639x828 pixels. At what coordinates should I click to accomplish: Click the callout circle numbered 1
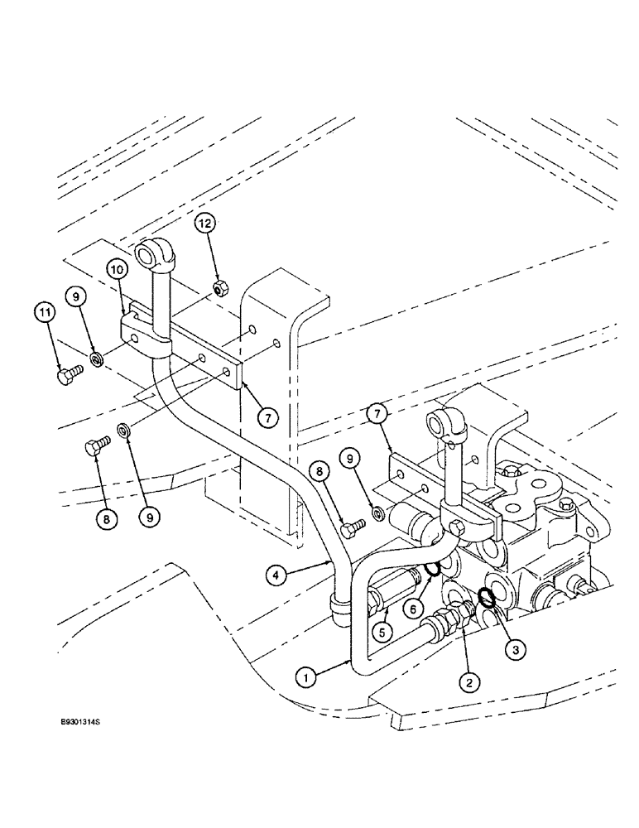coord(306,676)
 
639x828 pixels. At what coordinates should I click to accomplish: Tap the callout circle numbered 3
coord(514,651)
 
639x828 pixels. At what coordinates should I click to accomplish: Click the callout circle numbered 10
coord(116,271)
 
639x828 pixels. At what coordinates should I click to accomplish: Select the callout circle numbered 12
coord(206,224)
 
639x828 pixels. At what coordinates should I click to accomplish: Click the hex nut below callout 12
coord(220,288)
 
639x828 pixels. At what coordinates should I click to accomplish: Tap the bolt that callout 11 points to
coord(65,378)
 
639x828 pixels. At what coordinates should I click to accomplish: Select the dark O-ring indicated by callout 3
coord(488,597)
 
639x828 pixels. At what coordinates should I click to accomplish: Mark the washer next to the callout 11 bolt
coord(97,359)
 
